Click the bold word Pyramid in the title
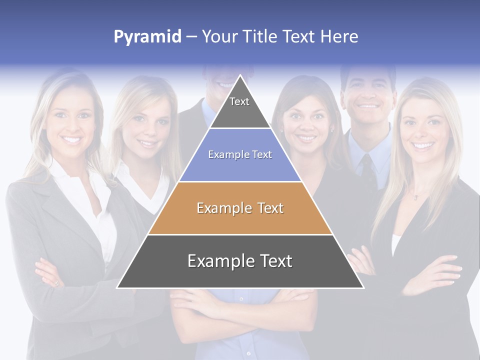point(147,37)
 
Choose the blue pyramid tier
point(240,155)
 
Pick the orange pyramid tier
point(240,208)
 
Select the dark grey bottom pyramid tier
point(240,261)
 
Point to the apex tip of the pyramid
point(240,76)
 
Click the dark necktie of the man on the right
point(367,170)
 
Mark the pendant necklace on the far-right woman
point(415,197)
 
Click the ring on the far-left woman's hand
point(56,283)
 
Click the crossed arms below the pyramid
point(240,305)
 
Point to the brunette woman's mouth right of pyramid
point(305,137)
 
